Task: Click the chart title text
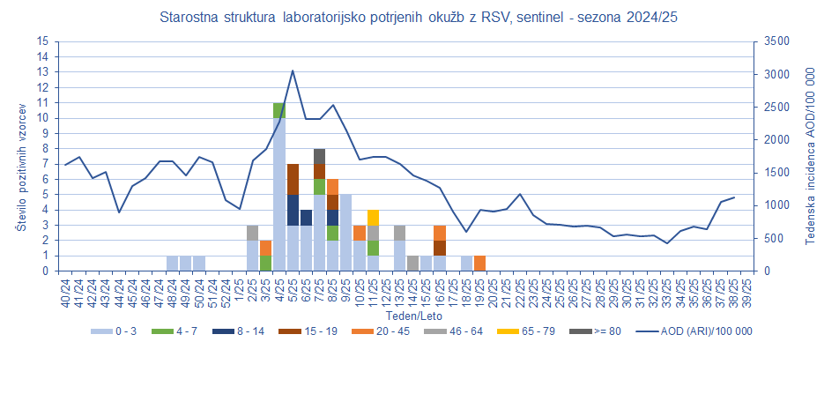(419, 18)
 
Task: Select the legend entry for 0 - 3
(115, 331)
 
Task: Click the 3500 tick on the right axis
(774, 41)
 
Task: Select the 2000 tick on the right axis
(774, 140)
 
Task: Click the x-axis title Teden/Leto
(407, 315)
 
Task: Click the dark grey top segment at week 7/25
(319, 156)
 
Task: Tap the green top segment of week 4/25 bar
(278, 110)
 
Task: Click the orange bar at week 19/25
(479, 264)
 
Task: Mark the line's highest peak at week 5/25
(293, 71)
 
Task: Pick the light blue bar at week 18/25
(466, 264)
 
